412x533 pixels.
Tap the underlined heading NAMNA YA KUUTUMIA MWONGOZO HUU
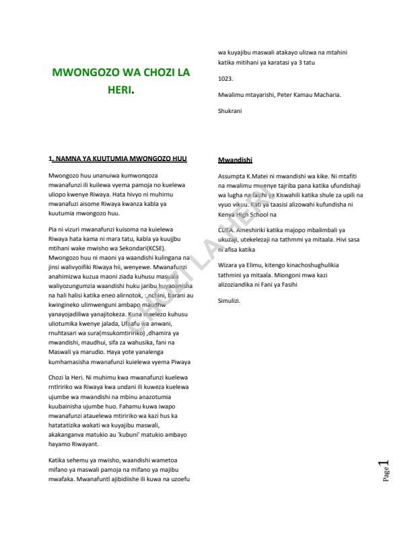click(x=120, y=159)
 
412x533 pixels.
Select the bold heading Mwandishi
click(x=235, y=160)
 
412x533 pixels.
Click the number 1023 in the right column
click(x=226, y=79)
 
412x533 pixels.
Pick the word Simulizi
click(x=230, y=300)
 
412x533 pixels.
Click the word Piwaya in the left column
click(x=178, y=361)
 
